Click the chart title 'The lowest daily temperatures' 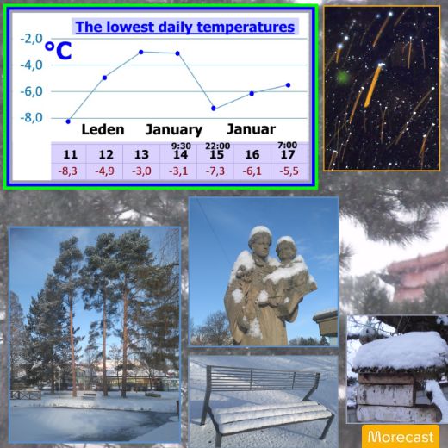pos(185,27)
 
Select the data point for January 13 pos(141,52)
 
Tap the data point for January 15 pos(214,109)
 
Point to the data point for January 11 pos(68,121)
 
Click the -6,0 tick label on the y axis pos(31,92)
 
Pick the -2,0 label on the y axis pos(31,39)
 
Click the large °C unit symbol pos(59,51)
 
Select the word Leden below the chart pos(103,129)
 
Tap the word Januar pos(251,129)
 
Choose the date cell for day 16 pos(252,154)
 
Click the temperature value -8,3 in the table pos(68,171)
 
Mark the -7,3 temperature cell pos(215,171)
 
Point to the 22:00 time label pos(217,146)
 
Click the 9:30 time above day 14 pos(181,146)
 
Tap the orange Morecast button pos(401,436)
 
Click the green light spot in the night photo pos(343,77)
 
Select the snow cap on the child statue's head pos(287,240)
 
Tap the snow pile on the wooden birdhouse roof pos(399,351)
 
